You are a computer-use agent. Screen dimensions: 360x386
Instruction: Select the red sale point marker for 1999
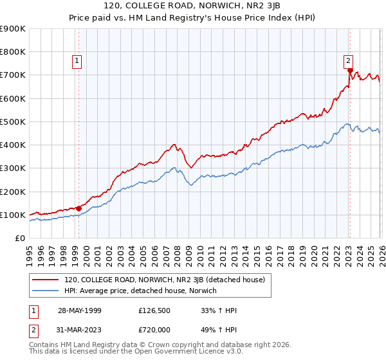point(78,208)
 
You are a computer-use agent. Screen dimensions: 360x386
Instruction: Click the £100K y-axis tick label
point(13,215)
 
